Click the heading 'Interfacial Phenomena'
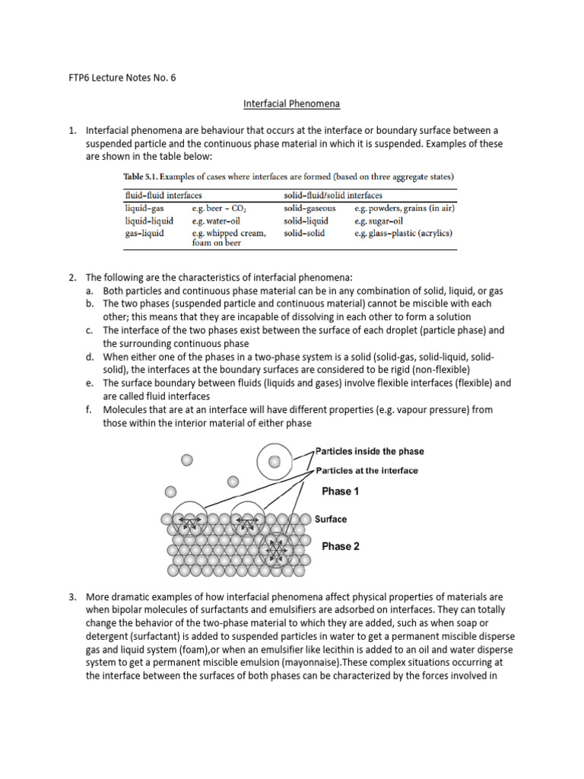click(292, 102)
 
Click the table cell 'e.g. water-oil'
click(217, 221)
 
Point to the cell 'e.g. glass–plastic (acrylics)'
click(403, 233)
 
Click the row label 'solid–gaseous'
click(309, 208)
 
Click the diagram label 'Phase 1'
click(340, 491)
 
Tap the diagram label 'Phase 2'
click(340, 546)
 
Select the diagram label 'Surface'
click(331, 520)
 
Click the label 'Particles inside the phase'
click(370, 451)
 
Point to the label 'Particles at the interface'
click(367, 470)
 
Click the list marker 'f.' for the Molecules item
click(89, 409)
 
